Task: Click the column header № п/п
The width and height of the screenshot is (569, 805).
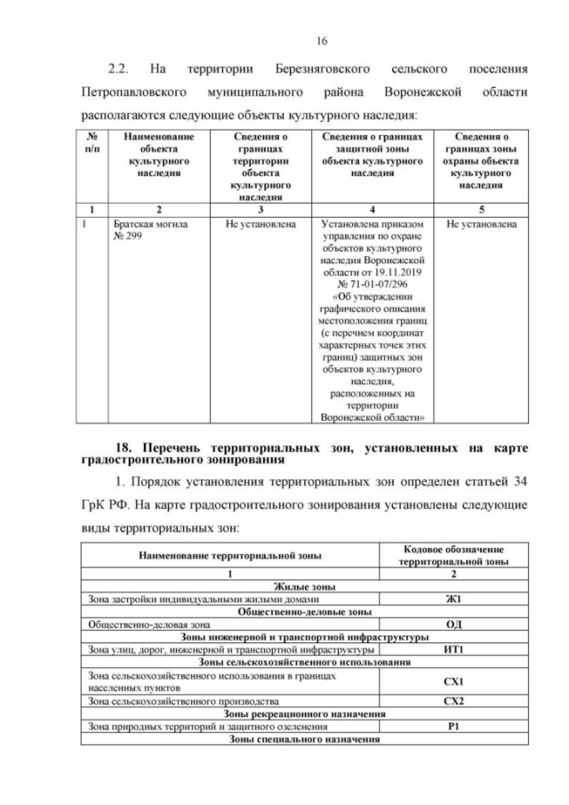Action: tap(92, 143)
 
